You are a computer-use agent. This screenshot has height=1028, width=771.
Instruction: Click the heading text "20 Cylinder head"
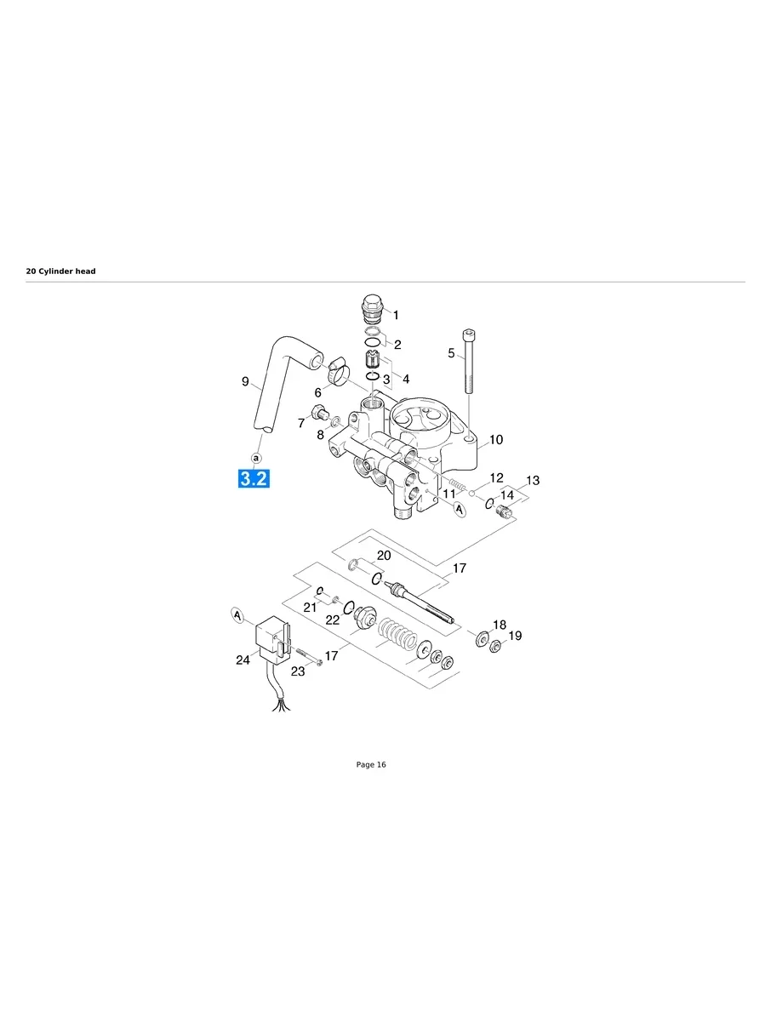pyautogui.click(x=60, y=271)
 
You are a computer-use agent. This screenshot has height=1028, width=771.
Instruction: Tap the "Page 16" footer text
pyautogui.click(x=370, y=765)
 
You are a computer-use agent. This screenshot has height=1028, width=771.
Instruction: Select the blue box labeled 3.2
pyautogui.click(x=254, y=479)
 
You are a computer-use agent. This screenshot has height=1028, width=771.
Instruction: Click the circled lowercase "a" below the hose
pyautogui.click(x=256, y=458)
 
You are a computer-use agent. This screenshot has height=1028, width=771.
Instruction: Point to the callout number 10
pyautogui.click(x=495, y=440)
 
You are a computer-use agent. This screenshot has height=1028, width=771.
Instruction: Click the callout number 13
pyautogui.click(x=532, y=481)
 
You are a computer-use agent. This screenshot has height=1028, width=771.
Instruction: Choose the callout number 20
pyautogui.click(x=384, y=556)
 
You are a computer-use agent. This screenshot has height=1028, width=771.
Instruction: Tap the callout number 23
pyautogui.click(x=298, y=671)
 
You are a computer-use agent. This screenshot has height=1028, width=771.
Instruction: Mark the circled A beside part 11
pyautogui.click(x=460, y=510)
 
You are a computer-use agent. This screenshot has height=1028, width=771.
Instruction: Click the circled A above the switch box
pyautogui.click(x=238, y=614)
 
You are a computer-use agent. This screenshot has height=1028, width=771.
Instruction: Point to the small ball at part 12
pyautogui.click(x=472, y=492)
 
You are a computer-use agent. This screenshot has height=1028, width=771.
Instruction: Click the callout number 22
pyautogui.click(x=333, y=620)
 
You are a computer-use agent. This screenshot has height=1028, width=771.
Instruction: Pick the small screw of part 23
pyautogui.click(x=308, y=658)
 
